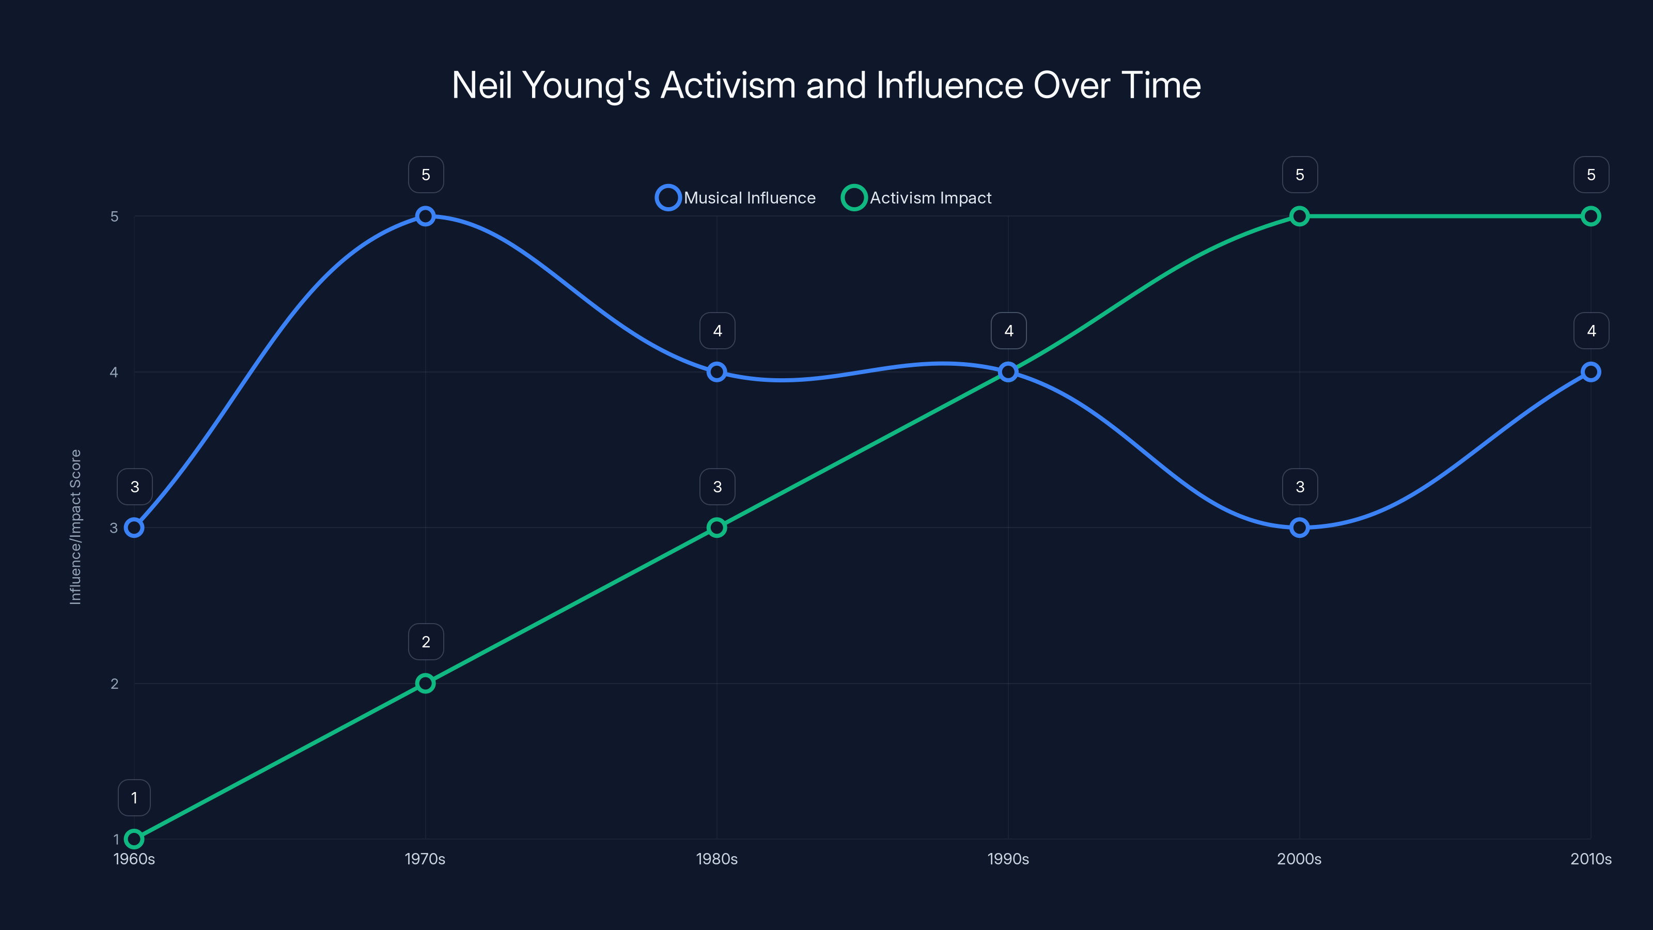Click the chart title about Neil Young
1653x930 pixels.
826,85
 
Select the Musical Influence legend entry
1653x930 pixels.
736,198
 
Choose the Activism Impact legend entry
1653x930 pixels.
917,198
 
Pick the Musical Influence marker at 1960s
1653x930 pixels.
134,528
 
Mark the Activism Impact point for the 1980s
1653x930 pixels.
717,528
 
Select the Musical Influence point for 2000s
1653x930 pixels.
1300,528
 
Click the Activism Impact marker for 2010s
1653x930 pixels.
1591,216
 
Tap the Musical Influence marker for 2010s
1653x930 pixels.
1591,371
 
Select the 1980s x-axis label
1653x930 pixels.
717,859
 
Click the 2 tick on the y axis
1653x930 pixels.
114,684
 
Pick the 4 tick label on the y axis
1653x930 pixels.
114,372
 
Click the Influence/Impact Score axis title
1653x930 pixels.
76,527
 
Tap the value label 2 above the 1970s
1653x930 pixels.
426,642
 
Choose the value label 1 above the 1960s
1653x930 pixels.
134,798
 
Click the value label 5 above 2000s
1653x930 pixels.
1300,175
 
